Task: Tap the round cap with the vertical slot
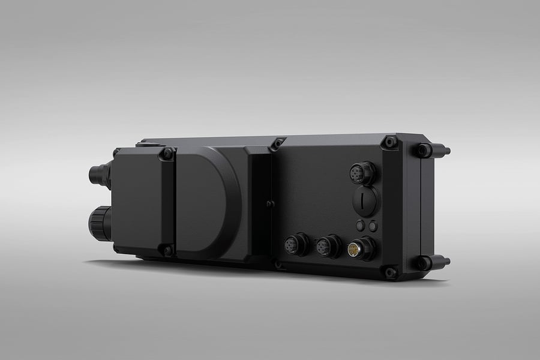366,202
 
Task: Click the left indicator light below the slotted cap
361,226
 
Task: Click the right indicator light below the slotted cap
373,226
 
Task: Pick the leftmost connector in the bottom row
295,245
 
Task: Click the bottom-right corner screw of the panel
391,272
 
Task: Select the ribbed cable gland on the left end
100,223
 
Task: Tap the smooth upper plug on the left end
98,175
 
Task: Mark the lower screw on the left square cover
167,250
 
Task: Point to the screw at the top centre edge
277,144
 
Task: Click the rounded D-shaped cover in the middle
207,201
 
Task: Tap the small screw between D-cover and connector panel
270,205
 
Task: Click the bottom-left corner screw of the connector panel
277,264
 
